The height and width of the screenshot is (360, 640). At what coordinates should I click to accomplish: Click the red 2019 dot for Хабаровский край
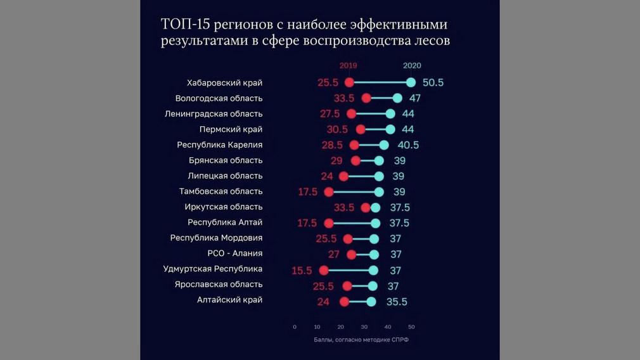(x=349, y=82)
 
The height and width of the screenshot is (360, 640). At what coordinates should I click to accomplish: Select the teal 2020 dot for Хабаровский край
(x=411, y=82)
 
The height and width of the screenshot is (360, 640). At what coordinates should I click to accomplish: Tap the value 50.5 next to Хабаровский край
(x=433, y=83)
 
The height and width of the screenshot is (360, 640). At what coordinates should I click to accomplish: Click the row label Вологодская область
(x=219, y=98)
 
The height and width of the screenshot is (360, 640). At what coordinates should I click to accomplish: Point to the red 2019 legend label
(x=348, y=65)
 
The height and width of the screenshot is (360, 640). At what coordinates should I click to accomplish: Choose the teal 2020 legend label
(x=412, y=65)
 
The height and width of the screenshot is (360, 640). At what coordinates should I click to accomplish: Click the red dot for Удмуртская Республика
(x=324, y=270)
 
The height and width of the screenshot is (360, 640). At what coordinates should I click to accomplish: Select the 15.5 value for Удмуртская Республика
(x=302, y=271)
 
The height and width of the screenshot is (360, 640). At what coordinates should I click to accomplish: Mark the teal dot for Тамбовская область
(x=379, y=192)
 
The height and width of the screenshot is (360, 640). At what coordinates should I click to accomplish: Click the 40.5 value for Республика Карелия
(x=408, y=145)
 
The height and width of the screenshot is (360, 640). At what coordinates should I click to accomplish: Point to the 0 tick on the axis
(x=295, y=327)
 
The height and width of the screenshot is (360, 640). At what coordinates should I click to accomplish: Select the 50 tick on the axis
(x=411, y=327)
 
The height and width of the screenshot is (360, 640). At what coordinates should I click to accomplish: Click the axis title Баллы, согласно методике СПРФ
(x=361, y=340)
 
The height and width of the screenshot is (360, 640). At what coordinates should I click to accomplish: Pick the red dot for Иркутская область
(x=366, y=208)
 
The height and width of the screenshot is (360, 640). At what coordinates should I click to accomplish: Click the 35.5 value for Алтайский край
(x=397, y=302)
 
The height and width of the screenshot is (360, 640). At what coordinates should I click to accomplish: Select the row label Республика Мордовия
(x=216, y=238)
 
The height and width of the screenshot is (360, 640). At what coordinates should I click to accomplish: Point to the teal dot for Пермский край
(x=390, y=129)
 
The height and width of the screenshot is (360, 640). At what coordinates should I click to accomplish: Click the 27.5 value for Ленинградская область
(x=330, y=114)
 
